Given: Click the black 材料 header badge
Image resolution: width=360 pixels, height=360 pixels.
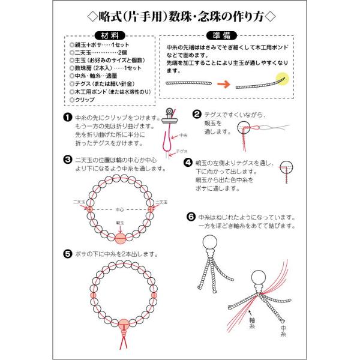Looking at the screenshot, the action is [110, 35].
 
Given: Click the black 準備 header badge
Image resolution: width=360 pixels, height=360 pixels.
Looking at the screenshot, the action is [221, 35].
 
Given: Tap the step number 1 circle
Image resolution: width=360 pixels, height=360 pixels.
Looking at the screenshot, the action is [67, 117].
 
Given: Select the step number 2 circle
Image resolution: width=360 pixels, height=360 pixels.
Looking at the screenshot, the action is [197, 114].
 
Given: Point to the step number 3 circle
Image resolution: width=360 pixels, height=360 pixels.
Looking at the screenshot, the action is [67, 160].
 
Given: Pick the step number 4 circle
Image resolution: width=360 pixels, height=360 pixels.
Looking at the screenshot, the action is [188, 163].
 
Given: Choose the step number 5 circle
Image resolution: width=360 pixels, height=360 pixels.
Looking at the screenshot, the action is [67, 254].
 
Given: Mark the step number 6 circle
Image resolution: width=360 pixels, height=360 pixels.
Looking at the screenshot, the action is [191, 217].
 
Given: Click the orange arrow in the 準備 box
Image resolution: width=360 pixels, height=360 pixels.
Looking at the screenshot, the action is [224, 84].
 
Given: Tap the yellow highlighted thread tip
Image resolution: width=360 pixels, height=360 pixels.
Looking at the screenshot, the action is [282, 79].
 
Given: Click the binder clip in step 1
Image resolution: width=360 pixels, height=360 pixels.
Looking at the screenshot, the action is [170, 116].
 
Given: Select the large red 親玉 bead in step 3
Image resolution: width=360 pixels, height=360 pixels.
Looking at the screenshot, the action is [121, 239].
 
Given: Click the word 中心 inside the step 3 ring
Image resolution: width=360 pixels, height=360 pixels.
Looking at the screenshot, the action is [119, 209].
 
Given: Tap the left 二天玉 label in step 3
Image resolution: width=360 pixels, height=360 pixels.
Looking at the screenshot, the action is [79, 202].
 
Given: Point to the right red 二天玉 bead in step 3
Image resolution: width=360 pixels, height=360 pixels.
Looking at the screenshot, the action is [151, 209].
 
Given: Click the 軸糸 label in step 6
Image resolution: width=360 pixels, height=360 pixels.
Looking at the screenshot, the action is [252, 323].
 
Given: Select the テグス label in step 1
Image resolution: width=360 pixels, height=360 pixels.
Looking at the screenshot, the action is [182, 151].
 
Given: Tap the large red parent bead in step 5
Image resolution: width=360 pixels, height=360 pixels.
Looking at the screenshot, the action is [124, 325].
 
